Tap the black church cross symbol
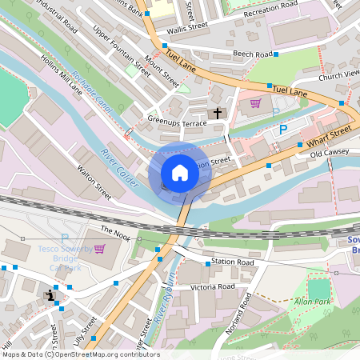click(x=218, y=114)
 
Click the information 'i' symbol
click(x=51, y=296)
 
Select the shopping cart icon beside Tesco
click(x=99, y=249)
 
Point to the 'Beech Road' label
click(x=252, y=54)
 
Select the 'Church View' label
click(x=338, y=74)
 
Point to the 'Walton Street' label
click(x=94, y=182)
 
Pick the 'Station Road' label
click(x=233, y=262)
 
